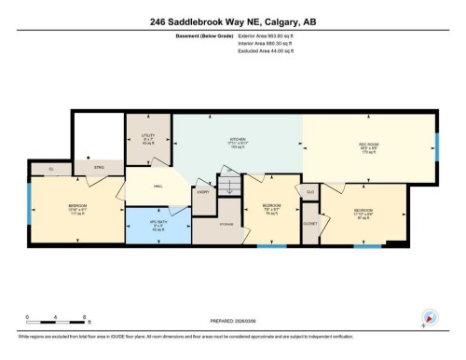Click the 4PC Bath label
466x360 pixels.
[156, 226]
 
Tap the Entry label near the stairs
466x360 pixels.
[202, 192]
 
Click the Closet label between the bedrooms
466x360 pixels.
[310, 223]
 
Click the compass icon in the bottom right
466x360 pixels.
[429, 317]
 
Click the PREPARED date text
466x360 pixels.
[232, 324]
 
